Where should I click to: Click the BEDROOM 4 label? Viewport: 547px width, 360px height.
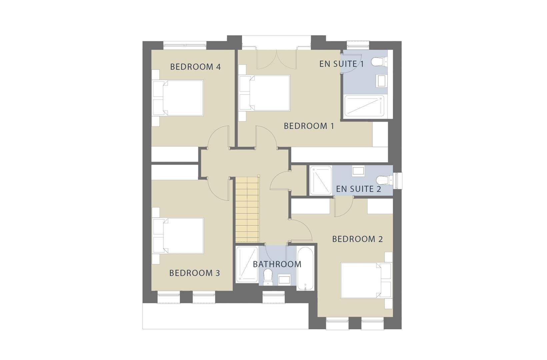[195, 67]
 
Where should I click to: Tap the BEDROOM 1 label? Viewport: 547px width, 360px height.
[309, 126]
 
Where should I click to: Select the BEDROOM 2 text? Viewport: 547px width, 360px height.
[357, 239]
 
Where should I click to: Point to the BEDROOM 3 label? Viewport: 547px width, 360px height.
[194, 273]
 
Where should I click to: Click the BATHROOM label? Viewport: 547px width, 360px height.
[277, 264]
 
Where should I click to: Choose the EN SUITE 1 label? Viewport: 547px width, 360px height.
[341, 64]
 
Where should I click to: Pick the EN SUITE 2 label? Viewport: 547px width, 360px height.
[358, 189]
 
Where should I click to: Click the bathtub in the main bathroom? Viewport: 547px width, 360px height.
[305, 268]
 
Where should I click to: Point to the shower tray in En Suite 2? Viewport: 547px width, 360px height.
[321, 180]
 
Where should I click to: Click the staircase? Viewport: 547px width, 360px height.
[247, 210]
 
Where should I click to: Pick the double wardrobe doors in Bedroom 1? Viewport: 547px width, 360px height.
[276, 59]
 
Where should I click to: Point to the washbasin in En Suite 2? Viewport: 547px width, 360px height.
[358, 171]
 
